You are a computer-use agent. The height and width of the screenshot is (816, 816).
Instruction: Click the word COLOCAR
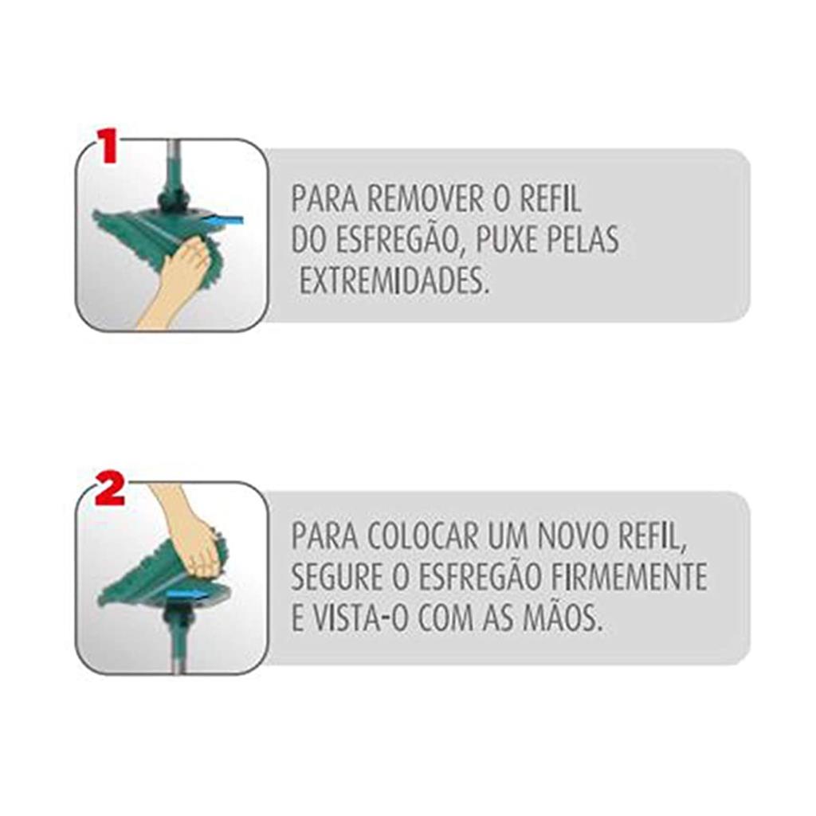[422, 536]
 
